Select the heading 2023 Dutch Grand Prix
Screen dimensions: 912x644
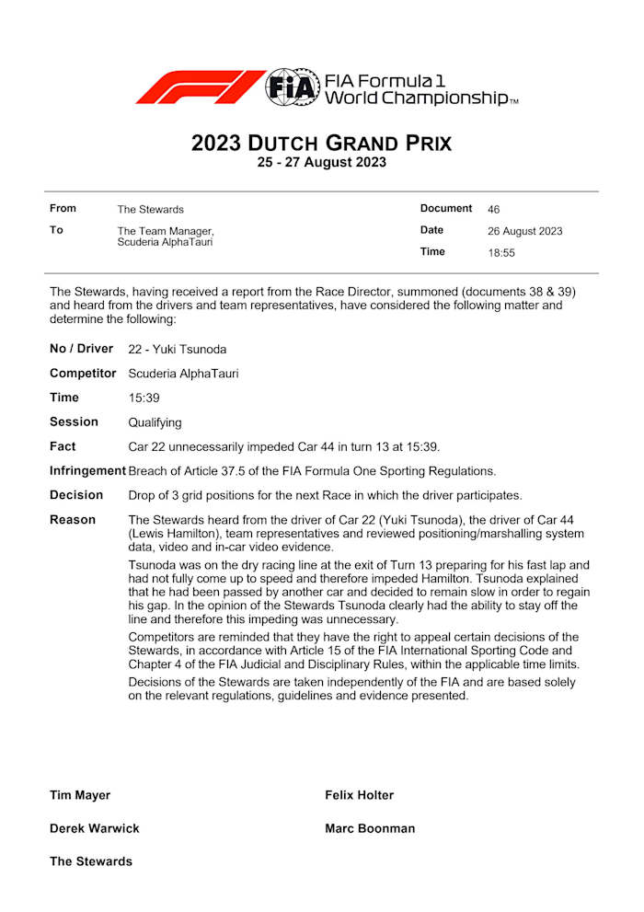(321, 144)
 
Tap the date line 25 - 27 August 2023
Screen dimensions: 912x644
(321, 163)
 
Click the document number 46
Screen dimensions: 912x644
(494, 209)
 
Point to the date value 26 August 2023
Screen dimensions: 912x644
(524, 231)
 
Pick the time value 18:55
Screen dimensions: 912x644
(501, 252)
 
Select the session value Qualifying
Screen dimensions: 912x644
(155, 422)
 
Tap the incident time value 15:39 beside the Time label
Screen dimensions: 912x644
(144, 398)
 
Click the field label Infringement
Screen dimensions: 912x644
(87, 470)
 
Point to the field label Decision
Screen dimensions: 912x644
(76, 495)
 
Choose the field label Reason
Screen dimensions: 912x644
(73, 520)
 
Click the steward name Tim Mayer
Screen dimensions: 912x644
(80, 795)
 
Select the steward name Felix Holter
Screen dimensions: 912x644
(359, 795)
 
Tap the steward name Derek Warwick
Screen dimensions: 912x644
(95, 828)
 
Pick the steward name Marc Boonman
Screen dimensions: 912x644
(370, 828)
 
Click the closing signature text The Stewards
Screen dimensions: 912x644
(91, 861)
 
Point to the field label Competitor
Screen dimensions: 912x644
(83, 374)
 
